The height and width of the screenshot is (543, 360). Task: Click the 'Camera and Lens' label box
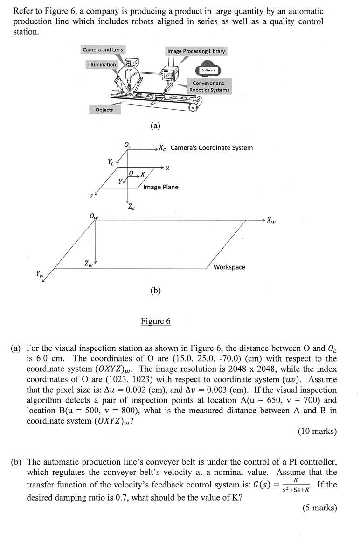[103, 49]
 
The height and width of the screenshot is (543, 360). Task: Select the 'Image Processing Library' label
[196, 51]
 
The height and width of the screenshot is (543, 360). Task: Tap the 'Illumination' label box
[101, 64]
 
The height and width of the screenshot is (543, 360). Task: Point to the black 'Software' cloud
[208, 70]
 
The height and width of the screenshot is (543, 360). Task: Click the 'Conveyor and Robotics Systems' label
[209, 86]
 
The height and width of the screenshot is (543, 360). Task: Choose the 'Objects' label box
[104, 110]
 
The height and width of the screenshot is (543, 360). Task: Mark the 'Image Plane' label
[160, 187]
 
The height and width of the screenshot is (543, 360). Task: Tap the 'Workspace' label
[229, 267]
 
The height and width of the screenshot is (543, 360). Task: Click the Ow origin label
[93, 216]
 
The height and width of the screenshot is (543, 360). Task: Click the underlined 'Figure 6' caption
[156, 321]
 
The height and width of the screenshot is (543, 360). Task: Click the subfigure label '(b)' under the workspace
[156, 291]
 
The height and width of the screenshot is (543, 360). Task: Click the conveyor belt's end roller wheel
[192, 108]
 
